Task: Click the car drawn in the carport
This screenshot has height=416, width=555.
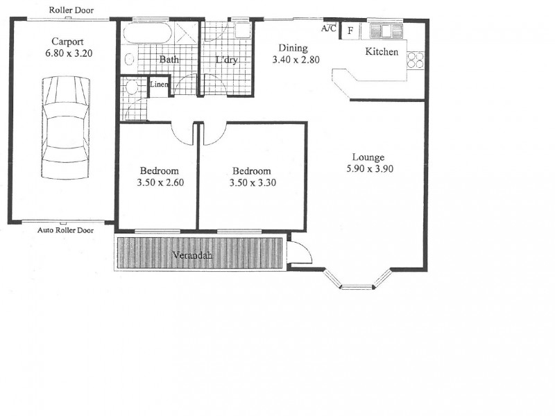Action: (66, 130)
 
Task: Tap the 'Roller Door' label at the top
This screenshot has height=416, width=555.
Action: (72, 10)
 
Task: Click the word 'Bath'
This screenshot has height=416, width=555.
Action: (169, 60)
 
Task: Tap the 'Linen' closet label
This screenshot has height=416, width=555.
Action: (160, 85)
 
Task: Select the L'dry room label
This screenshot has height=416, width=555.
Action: (226, 60)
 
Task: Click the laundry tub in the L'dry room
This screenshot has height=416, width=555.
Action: (242, 32)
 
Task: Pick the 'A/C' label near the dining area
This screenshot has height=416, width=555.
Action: (329, 28)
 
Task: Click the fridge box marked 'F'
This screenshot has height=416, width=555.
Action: (350, 31)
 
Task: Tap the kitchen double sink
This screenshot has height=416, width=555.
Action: (386, 31)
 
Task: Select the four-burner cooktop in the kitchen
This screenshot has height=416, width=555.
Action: (416, 61)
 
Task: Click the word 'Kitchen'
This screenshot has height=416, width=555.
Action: (382, 52)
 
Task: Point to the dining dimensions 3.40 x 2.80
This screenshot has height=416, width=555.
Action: (296, 60)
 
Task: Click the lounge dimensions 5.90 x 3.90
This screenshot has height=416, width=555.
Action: (371, 168)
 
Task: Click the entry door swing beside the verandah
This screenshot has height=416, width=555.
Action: (300, 251)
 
